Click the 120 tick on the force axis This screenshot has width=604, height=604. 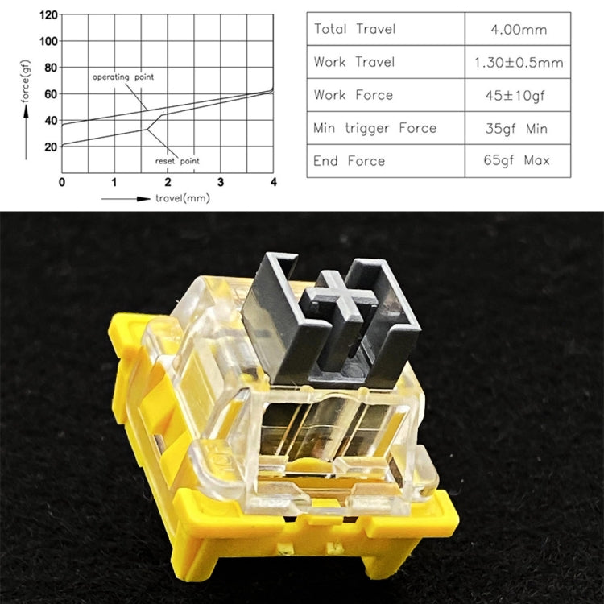[x=49, y=14]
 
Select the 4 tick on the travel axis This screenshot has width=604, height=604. [x=274, y=182]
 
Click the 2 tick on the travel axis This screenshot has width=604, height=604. [x=168, y=182]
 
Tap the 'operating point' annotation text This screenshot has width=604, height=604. [x=122, y=77]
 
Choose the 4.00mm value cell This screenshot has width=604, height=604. [x=518, y=30]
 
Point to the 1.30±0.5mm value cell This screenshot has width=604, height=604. [x=518, y=62]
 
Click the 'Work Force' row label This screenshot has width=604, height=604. [x=354, y=95]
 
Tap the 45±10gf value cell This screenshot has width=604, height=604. [x=518, y=95]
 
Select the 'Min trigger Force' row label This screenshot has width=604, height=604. [x=375, y=127]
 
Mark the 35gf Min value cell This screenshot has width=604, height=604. [x=518, y=127]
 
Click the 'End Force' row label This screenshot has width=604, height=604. [x=350, y=160]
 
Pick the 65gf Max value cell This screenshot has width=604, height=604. [x=518, y=160]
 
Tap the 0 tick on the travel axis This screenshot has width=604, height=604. [x=62, y=182]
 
